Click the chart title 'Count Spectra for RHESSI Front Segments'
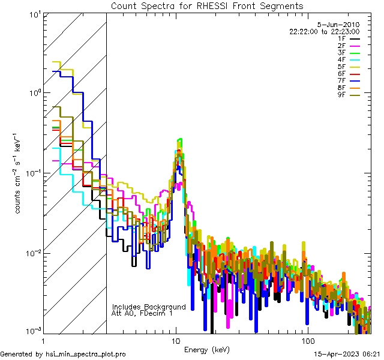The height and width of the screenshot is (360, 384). pyautogui.click(x=207, y=6)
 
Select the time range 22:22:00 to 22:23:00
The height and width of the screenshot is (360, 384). pyautogui.click(x=324, y=31)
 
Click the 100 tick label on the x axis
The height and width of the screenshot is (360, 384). pyautogui.click(x=307, y=341)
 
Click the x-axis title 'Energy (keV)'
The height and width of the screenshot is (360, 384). pyautogui.click(x=207, y=349)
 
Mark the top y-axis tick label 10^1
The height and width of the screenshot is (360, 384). pyautogui.click(x=31, y=14)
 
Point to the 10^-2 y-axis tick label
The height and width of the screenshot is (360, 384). pyautogui.click(x=29, y=253)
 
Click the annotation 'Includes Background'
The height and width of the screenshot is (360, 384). pyautogui.click(x=149, y=307)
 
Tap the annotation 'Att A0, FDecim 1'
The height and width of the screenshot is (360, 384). pyautogui.click(x=142, y=313)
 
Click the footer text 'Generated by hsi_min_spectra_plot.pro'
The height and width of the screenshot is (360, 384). pyautogui.click(x=63, y=354)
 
